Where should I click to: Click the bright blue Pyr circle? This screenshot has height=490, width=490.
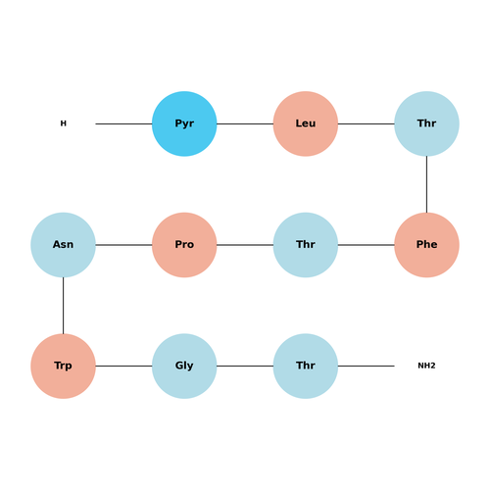(184, 123)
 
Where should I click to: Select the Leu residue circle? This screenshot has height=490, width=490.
(306, 123)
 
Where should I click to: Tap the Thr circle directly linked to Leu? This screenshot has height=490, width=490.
(426, 123)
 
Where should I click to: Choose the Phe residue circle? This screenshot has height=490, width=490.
(426, 245)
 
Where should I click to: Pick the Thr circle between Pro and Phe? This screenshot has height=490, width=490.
(306, 245)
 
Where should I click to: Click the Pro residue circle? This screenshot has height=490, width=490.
(184, 245)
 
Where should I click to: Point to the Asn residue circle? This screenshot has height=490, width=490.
(63, 245)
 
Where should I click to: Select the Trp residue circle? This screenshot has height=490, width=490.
(63, 367)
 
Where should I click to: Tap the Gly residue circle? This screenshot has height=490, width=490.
(184, 367)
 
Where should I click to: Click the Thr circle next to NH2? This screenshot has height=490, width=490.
(306, 367)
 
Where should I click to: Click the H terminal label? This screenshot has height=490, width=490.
(64, 123)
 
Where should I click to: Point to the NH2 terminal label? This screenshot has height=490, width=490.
(426, 366)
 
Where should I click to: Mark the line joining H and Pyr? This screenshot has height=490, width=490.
(123, 123)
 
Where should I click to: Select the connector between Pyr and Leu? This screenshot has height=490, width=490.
(245, 123)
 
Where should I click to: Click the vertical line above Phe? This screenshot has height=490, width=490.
(426, 184)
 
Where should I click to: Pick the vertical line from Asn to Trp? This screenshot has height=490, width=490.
(63, 306)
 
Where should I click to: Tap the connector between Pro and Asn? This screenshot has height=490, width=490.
(123, 245)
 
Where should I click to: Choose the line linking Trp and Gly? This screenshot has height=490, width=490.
(123, 367)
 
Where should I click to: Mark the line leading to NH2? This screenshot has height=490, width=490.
(367, 367)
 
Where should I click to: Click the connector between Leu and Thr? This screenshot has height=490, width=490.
(367, 123)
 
